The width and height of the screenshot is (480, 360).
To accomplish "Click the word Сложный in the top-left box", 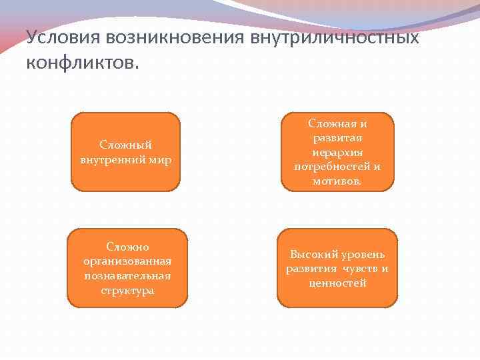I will click(x=125, y=145).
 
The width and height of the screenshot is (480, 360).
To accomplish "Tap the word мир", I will click(x=161, y=160).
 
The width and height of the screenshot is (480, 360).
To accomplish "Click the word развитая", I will click(x=337, y=137).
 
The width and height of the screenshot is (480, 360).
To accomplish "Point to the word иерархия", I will click(x=337, y=152).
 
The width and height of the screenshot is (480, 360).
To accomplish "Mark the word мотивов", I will click(x=337, y=181).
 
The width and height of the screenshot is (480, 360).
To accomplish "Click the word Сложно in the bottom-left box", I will click(x=127, y=247).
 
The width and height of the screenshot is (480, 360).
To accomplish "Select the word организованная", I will click(x=127, y=261).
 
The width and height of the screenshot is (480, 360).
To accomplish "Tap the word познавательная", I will click(x=127, y=276).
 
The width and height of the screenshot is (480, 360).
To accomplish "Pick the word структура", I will click(x=127, y=291).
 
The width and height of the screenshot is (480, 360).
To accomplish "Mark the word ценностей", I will click(x=337, y=283).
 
